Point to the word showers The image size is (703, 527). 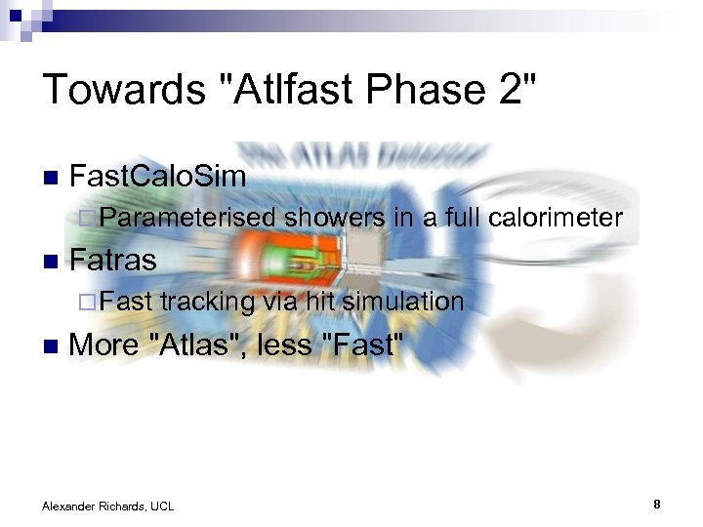(335, 219)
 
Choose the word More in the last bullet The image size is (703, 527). (103, 345)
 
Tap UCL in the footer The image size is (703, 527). (162, 506)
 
